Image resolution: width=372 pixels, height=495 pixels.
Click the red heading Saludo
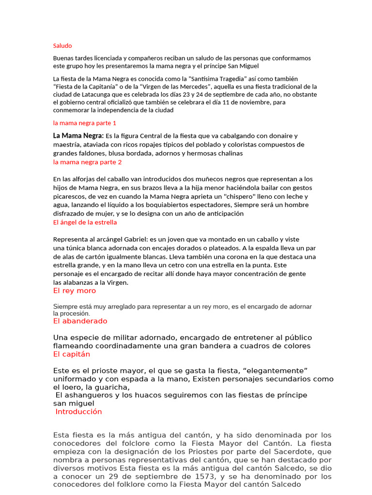click(x=62, y=46)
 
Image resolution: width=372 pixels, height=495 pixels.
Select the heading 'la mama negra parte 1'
click(x=85, y=123)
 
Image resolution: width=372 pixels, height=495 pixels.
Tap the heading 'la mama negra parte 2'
click(x=87, y=162)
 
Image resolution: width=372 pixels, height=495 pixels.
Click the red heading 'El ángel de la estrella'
click(x=85, y=222)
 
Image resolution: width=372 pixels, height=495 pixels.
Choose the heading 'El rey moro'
click(x=75, y=291)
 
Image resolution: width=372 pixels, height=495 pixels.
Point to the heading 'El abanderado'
click(x=80, y=321)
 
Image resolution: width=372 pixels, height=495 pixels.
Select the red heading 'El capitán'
click(x=72, y=354)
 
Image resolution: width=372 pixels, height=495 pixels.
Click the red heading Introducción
click(x=78, y=411)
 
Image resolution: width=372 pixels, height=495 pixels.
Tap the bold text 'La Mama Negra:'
click(x=78, y=136)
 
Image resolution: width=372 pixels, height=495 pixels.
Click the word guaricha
click(x=113, y=387)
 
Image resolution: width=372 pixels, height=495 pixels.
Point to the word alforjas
click(x=83, y=179)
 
